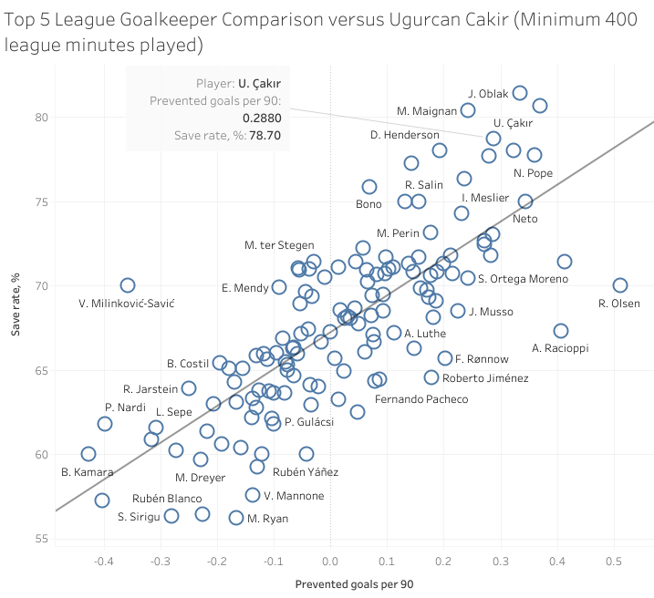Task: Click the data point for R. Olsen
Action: (620, 285)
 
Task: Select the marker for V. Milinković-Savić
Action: (128, 285)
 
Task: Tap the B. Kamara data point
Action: (88, 454)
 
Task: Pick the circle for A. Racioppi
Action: (561, 331)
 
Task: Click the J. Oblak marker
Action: (520, 93)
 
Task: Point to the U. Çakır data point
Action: (493, 139)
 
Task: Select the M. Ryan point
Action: (236, 518)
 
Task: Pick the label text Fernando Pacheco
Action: (421, 399)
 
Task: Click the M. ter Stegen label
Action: (279, 245)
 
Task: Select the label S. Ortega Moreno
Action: (523, 279)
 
